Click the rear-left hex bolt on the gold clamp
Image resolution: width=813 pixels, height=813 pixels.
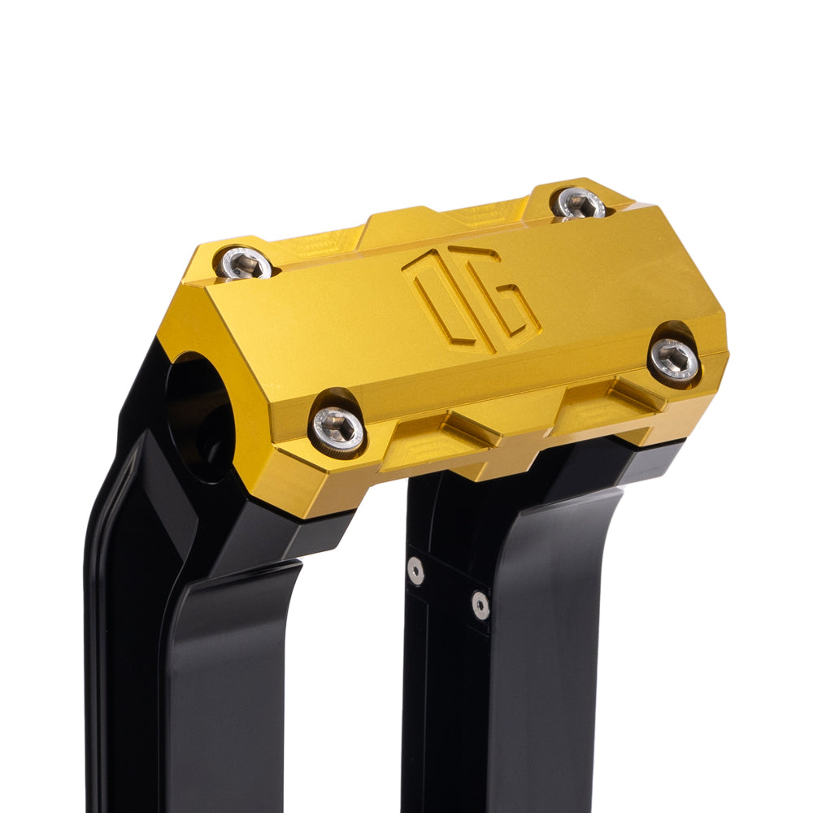click(x=244, y=263)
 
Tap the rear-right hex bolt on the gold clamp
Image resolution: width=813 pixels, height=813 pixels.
click(x=579, y=202)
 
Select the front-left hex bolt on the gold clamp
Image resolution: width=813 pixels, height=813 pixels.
click(x=337, y=428)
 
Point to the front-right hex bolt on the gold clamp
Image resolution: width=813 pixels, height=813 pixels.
click(x=675, y=359)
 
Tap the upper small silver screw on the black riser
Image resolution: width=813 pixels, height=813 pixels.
click(x=415, y=571)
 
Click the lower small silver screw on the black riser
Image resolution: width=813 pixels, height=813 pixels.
click(x=480, y=604)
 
